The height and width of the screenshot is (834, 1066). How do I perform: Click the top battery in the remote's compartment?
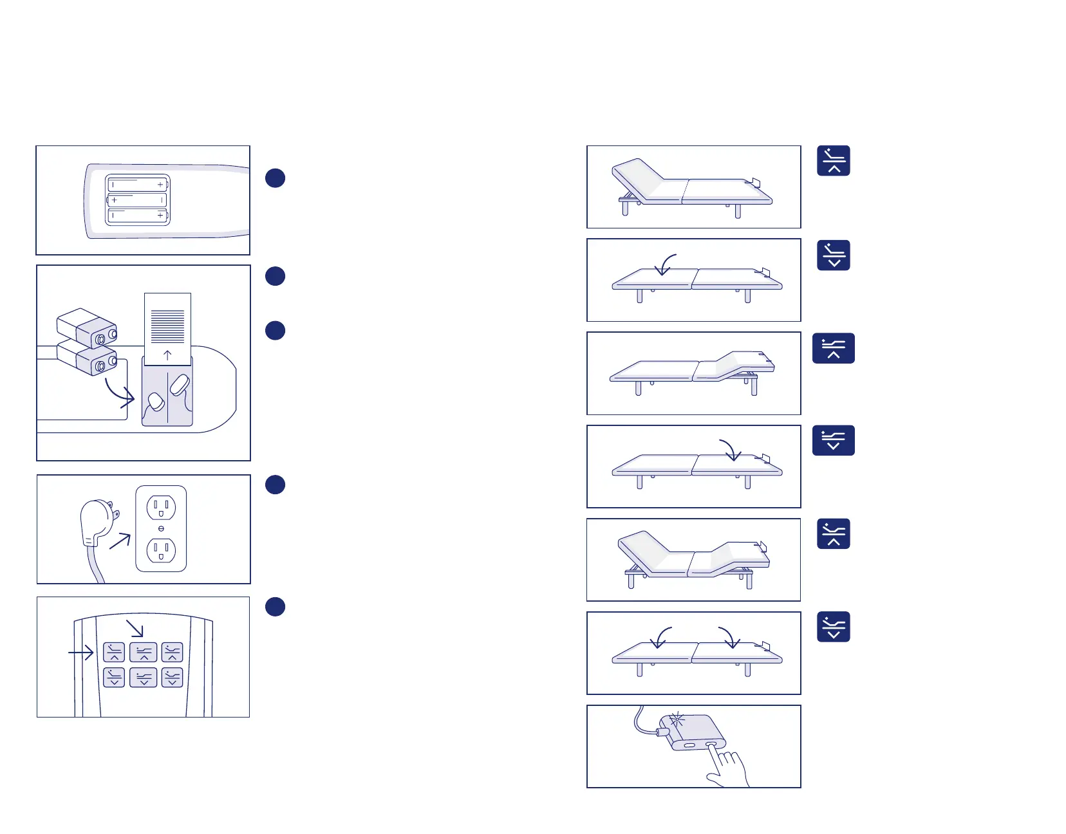137,185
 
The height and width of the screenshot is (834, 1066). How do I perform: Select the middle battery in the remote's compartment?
137,200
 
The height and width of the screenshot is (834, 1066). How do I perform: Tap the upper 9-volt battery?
86,327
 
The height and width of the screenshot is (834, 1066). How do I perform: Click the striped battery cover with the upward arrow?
167,329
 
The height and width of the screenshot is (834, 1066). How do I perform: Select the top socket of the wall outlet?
161,508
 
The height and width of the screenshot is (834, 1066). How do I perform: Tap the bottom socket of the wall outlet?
161,550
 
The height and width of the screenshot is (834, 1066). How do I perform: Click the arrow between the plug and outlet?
120,541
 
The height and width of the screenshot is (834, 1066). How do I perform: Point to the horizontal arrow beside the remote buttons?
81,653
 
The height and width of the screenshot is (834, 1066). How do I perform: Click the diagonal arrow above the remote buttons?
135,629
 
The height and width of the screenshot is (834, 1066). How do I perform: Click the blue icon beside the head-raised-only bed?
834,161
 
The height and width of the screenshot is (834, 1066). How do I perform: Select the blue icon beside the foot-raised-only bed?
834,348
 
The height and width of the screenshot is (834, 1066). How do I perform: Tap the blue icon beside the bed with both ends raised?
834,534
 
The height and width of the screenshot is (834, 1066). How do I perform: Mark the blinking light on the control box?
676,720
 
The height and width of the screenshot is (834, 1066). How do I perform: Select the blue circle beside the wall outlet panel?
276,485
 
